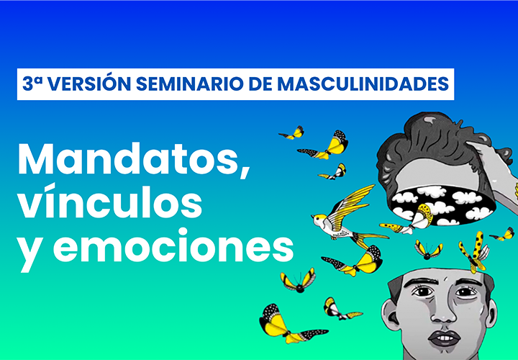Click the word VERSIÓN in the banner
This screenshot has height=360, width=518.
coord(91,84)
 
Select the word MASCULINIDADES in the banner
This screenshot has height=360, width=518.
coord(363,84)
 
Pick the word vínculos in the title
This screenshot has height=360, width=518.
coord(109,202)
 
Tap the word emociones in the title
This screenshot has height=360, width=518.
coord(173,246)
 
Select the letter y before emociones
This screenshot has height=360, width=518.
coord(30,253)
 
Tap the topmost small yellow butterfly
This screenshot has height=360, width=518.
coord(292,133)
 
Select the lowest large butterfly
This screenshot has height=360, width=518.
coord(290,325)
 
